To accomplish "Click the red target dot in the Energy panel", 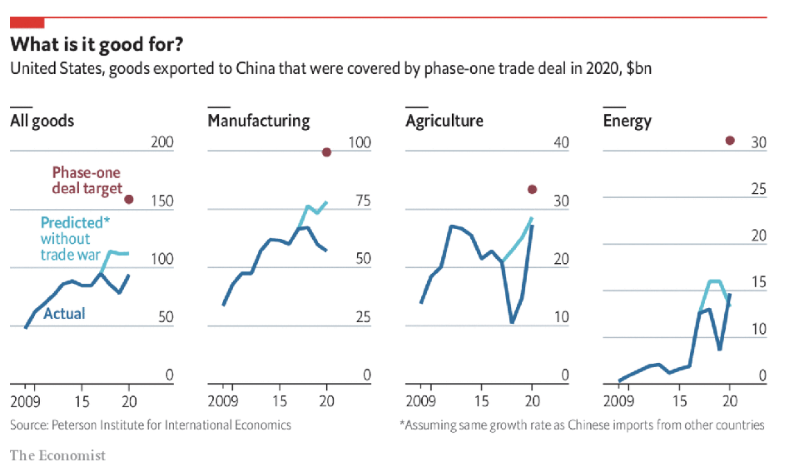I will (730, 141).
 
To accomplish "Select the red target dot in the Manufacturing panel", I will (326, 152).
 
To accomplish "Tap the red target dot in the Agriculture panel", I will (533, 190).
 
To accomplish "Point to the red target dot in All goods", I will (129, 200).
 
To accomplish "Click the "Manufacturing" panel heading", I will (258, 121).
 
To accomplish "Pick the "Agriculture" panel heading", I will (444, 121).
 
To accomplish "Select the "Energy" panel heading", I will (627, 122).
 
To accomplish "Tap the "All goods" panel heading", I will (42, 121).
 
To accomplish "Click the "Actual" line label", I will (64, 314).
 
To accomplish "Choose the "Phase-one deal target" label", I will (87, 181).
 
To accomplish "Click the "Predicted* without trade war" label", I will (74, 238).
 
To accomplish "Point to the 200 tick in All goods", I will (161, 143).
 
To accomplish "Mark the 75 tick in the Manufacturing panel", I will (359, 201).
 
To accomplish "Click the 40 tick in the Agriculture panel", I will (561, 143).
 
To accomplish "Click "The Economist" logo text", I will (57, 455).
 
